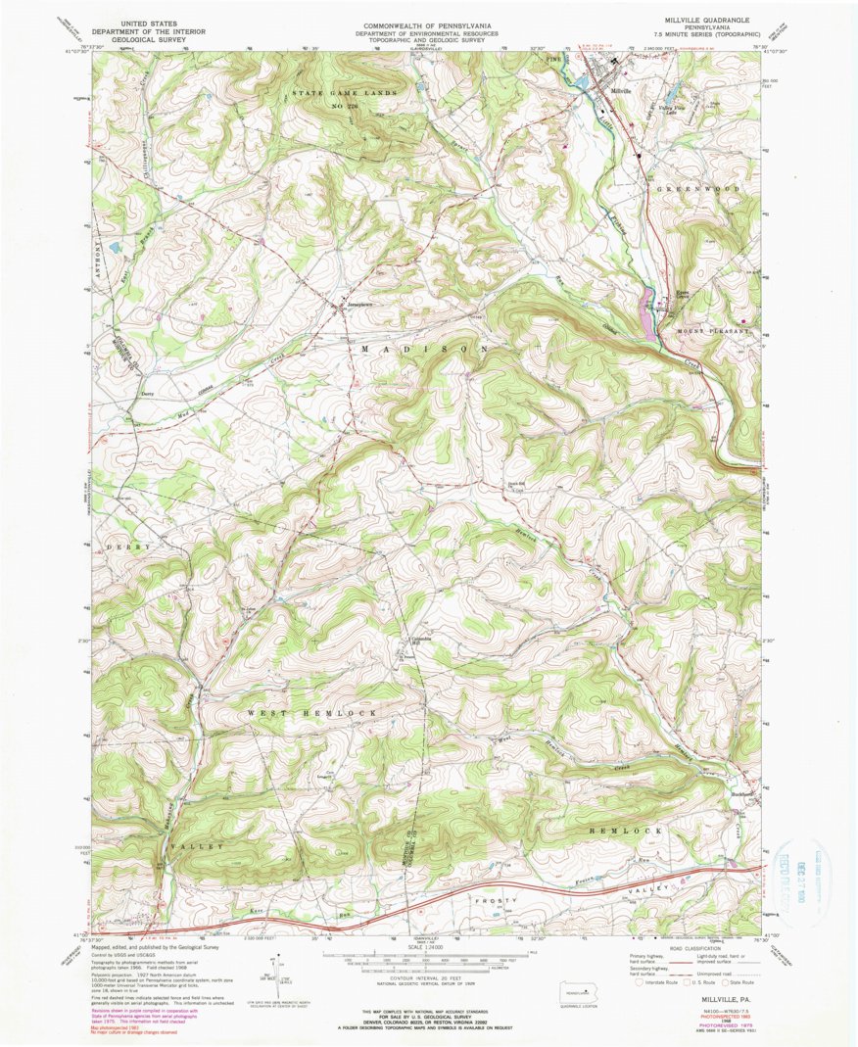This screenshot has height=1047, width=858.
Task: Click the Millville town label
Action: pyautogui.click(x=623, y=91)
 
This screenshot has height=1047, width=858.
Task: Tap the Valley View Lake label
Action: pyautogui.click(x=668, y=111)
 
